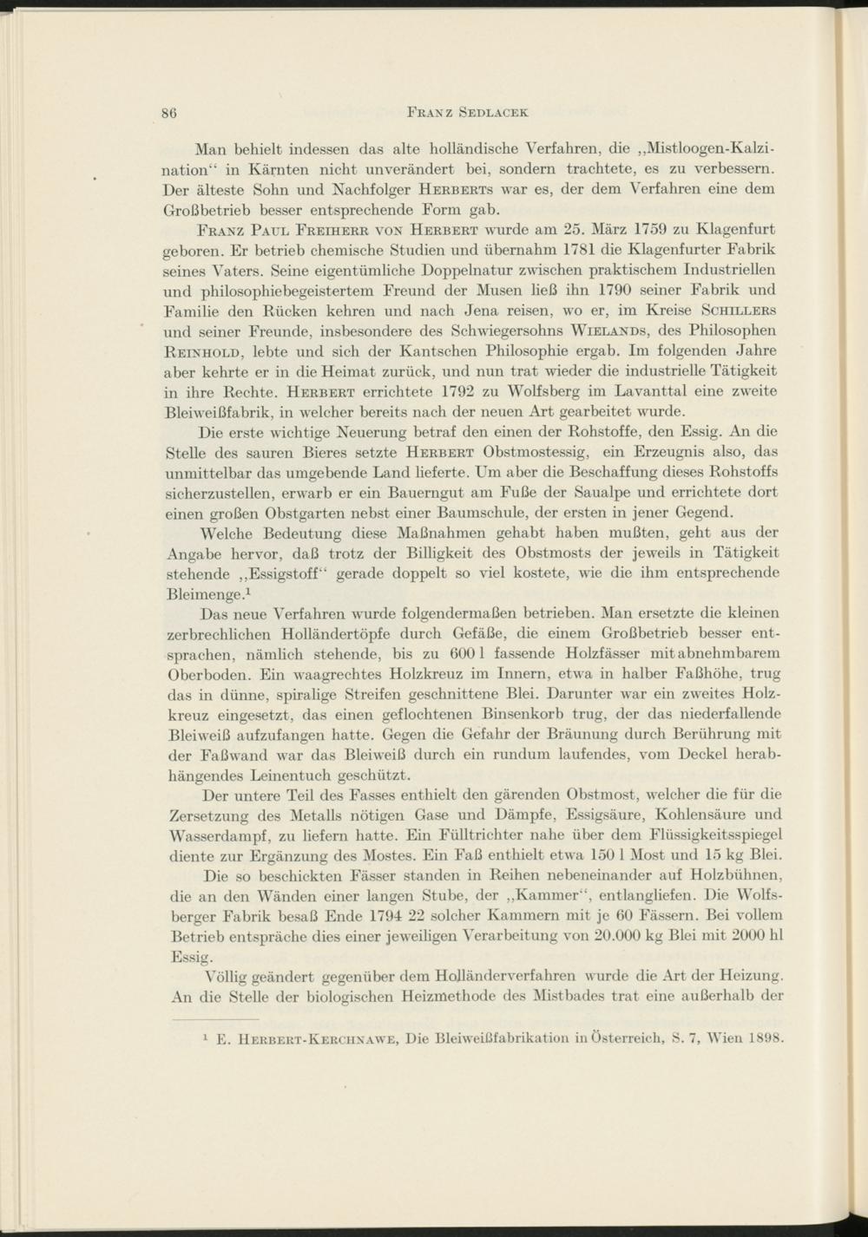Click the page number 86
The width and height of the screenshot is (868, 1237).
pos(170,112)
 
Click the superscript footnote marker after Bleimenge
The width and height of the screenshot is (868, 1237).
pos(248,591)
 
